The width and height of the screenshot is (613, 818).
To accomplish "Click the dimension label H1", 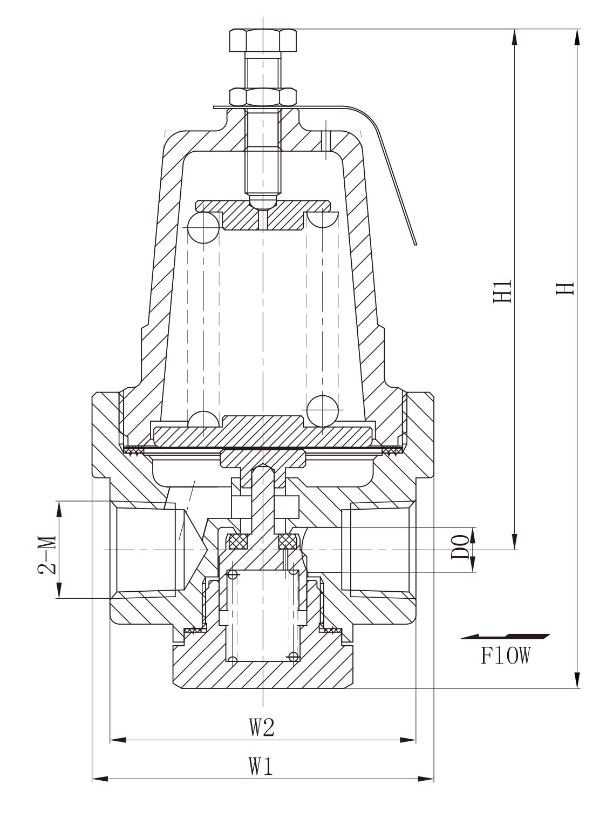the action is [503, 291].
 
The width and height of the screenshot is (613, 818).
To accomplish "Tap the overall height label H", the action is [565, 288].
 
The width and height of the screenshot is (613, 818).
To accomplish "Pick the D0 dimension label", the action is [460, 547].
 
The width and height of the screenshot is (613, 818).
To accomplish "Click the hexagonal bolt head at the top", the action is [263, 40].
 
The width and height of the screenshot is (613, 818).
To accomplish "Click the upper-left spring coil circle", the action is [203, 227].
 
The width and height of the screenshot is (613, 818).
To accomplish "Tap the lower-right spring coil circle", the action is [323, 411].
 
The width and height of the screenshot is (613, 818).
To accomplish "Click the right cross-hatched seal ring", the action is [289, 542].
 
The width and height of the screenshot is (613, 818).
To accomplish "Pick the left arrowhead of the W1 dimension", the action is [100, 776].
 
